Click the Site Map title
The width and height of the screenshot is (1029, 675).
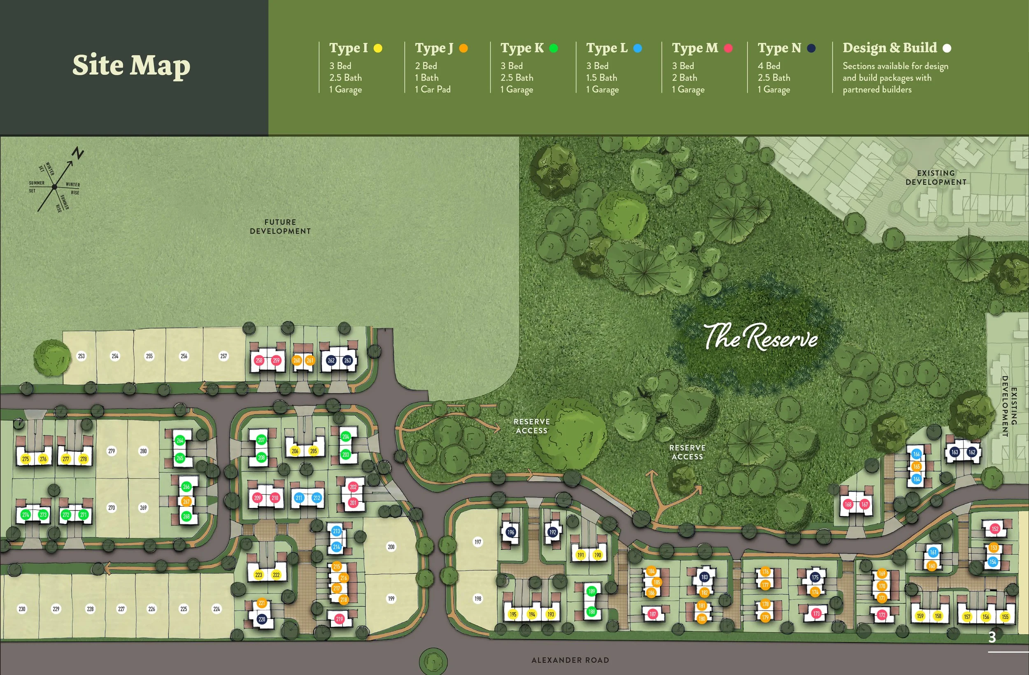click(131, 65)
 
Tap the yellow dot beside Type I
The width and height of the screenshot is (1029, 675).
click(378, 49)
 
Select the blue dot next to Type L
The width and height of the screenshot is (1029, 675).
click(637, 49)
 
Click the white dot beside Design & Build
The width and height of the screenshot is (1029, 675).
click(947, 49)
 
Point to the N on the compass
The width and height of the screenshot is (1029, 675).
click(78, 153)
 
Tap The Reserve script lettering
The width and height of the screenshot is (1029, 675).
click(761, 337)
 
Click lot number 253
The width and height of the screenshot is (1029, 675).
click(81, 356)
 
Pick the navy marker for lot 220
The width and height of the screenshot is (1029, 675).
click(262, 619)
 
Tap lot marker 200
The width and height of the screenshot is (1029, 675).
click(391, 547)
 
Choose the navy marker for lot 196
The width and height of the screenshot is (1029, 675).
click(511, 532)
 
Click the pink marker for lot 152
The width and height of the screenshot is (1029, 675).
click(995, 528)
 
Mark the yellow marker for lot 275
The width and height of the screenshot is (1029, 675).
click(26, 459)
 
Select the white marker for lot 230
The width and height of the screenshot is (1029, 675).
click(22, 609)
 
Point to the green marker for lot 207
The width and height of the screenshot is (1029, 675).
click(261, 440)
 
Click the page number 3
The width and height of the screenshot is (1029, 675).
click(992, 637)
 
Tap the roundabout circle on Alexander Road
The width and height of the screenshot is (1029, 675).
click(433, 661)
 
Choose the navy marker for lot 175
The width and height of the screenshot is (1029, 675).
click(815, 577)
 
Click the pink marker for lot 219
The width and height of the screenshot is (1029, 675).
click(340, 619)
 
